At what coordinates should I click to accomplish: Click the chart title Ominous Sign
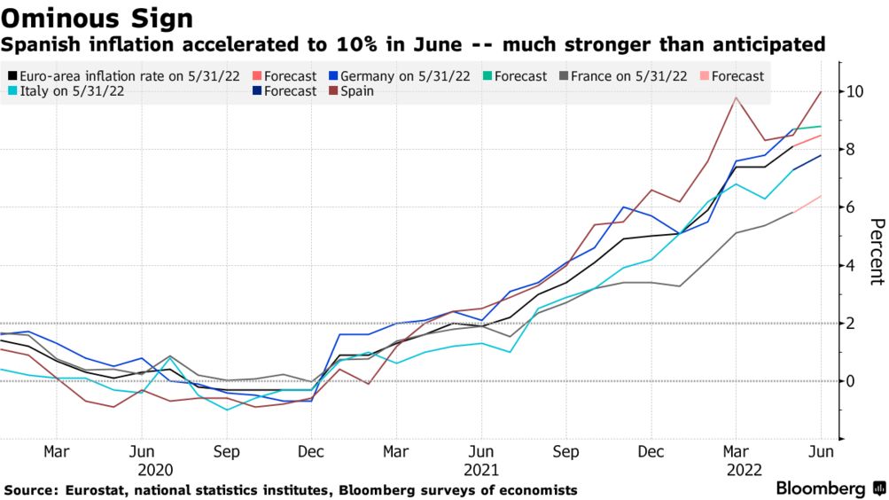[97, 17]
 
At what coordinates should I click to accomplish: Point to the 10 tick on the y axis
[855, 91]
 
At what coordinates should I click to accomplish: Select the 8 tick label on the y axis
[851, 150]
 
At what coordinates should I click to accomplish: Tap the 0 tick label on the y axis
[851, 381]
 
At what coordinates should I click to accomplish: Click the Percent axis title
[876, 252]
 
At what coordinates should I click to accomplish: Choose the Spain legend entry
[355, 91]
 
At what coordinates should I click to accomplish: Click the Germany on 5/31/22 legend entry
[403, 76]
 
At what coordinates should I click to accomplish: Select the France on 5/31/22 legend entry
[628, 76]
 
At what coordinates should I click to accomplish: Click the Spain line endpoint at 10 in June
[822, 91]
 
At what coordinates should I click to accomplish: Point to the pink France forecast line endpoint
[822, 196]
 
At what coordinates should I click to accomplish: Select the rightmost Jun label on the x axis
[822, 451]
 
